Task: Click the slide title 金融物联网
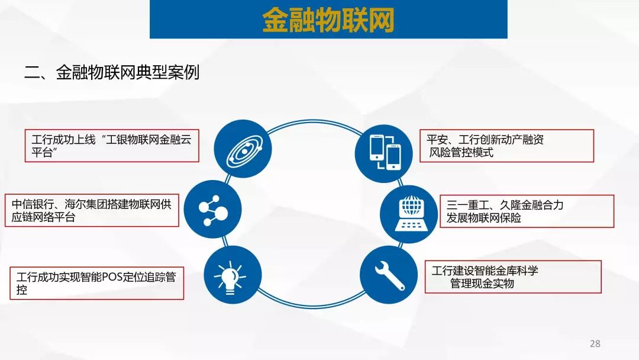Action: (x=328, y=20)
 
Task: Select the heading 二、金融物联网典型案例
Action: (x=112, y=73)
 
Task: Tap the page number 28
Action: (x=595, y=343)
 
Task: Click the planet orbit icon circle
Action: (x=243, y=149)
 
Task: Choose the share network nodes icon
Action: (x=213, y=210)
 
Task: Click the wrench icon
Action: (x=389, y=275)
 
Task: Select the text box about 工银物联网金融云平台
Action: (x=112, y=146)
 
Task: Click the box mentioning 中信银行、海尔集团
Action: (x=92, y=210)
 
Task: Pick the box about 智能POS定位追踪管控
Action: (x=97, y=284)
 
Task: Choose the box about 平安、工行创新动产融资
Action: (x=507, y=146)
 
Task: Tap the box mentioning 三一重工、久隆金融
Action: (x=527, y=211)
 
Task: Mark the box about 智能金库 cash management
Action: (x=513, y=277)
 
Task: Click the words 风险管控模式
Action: (x=461, y=153)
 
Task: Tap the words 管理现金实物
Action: (x=482, y=284)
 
